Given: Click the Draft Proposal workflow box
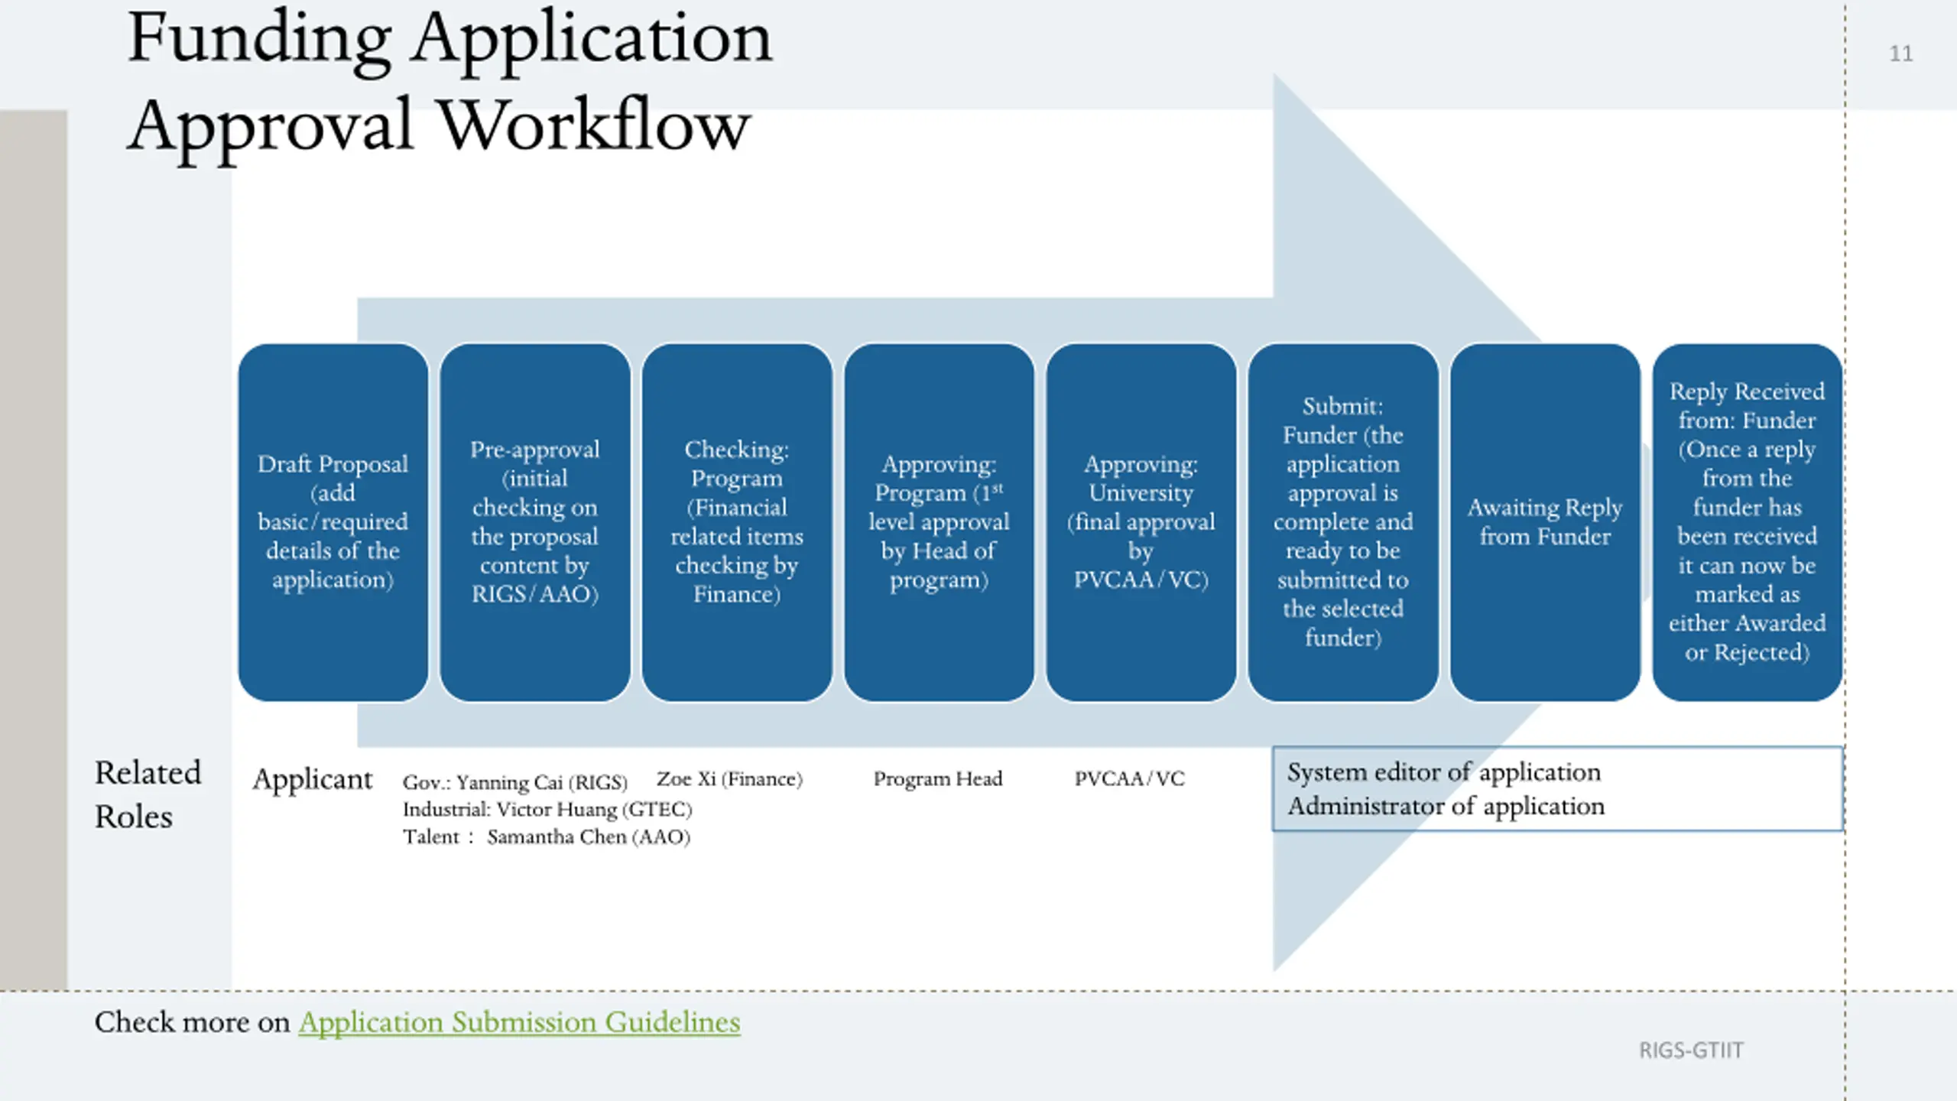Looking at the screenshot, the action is [x=333, y=522].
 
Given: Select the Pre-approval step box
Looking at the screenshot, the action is [x=535, y=522].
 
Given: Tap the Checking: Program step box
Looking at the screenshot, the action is [x=737, y=522].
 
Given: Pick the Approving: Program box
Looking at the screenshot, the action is [x=939, y=522].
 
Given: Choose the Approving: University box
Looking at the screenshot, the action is [x=1141, y=522].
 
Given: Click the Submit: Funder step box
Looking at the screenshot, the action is [x=1343, y=522].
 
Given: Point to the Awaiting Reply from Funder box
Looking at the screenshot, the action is [x=1545, y=522].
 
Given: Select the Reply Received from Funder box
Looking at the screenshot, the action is [x=1748, y=522].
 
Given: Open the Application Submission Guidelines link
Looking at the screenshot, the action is [x=519, y=1022].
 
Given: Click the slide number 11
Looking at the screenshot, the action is [x=1901, y=54].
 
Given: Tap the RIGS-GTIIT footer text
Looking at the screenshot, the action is [x=1691, y=1051].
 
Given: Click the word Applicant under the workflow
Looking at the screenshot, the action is [x=313, y=780].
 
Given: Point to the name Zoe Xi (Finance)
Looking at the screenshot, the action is [x=729, y=779].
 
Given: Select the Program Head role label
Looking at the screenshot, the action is [x=938, y=778].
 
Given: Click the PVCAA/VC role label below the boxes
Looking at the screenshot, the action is [x=1129, y=778].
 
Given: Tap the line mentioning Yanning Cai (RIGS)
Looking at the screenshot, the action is [x=515, y=782].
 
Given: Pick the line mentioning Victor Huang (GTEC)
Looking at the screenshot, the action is [x=547, y=809].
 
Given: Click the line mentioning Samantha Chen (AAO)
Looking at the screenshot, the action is [x=547, y=836].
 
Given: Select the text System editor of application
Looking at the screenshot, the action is [x=1444, y=772].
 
